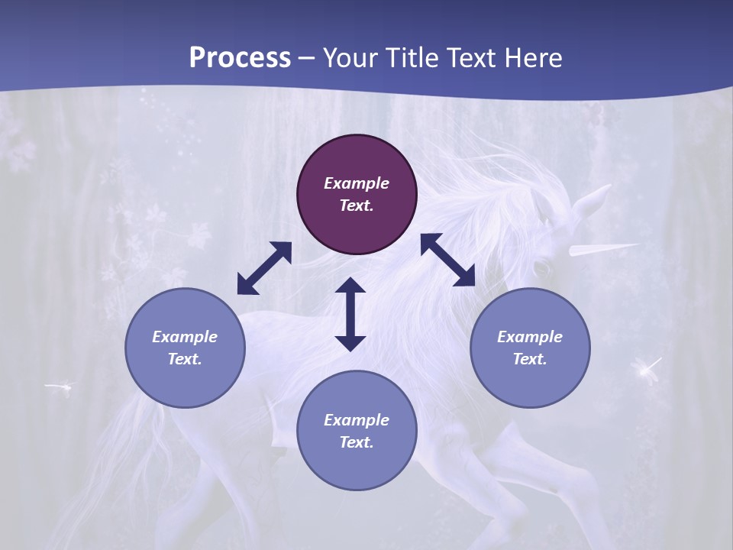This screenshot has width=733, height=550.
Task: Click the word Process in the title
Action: [240, 58]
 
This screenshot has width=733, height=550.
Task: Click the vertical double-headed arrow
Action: [350, 314]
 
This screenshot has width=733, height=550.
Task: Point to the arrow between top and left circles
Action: [264, 268]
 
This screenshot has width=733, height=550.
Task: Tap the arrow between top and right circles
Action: [447, 260]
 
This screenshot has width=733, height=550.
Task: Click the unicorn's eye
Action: [541, 268]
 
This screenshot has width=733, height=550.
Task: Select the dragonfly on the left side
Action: [60, 387]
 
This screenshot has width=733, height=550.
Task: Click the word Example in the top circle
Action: [357, 183]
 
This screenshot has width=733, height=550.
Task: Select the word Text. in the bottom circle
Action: [357, 442]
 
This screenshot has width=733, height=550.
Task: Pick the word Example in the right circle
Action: [530, 337]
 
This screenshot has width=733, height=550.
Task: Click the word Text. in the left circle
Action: [185, 359]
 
